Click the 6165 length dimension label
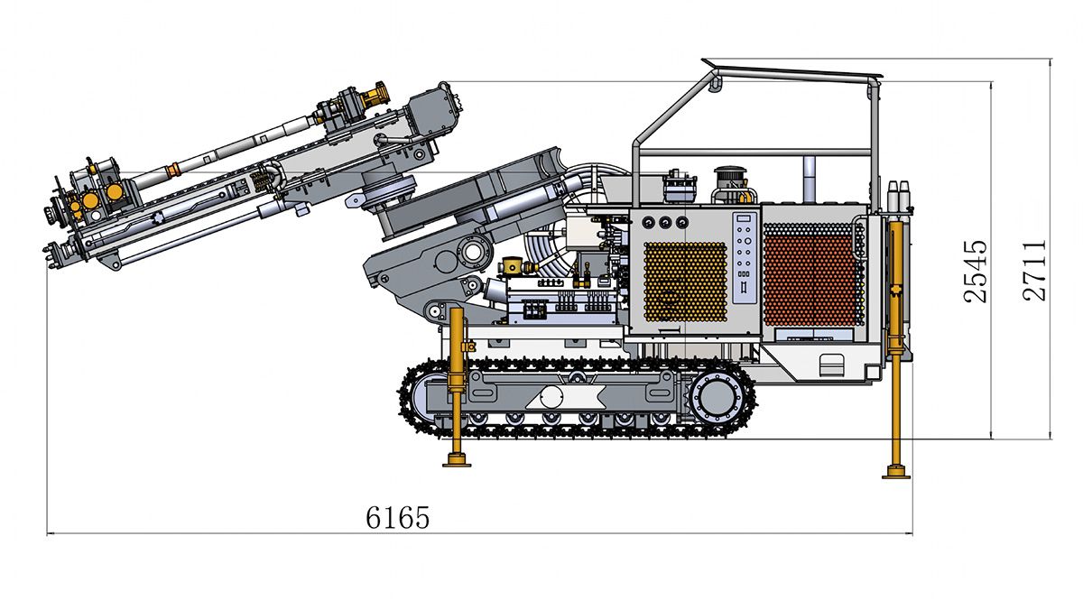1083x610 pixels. (397, 518)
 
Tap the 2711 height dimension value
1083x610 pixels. (1034, 271)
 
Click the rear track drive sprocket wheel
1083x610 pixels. (717, 398)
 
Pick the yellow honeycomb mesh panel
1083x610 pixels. (686, 282)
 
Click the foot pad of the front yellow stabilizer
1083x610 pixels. (457, 460)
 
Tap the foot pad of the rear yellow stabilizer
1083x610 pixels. (896, 472)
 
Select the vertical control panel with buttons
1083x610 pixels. (745, 258)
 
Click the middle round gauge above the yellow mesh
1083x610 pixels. (665, 223)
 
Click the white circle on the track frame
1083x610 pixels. (551, 397)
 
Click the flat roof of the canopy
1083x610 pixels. (793, 70)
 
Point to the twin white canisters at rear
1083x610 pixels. (899, 195)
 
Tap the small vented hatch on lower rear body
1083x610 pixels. (831, 365)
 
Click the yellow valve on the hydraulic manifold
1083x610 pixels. (514, 265)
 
